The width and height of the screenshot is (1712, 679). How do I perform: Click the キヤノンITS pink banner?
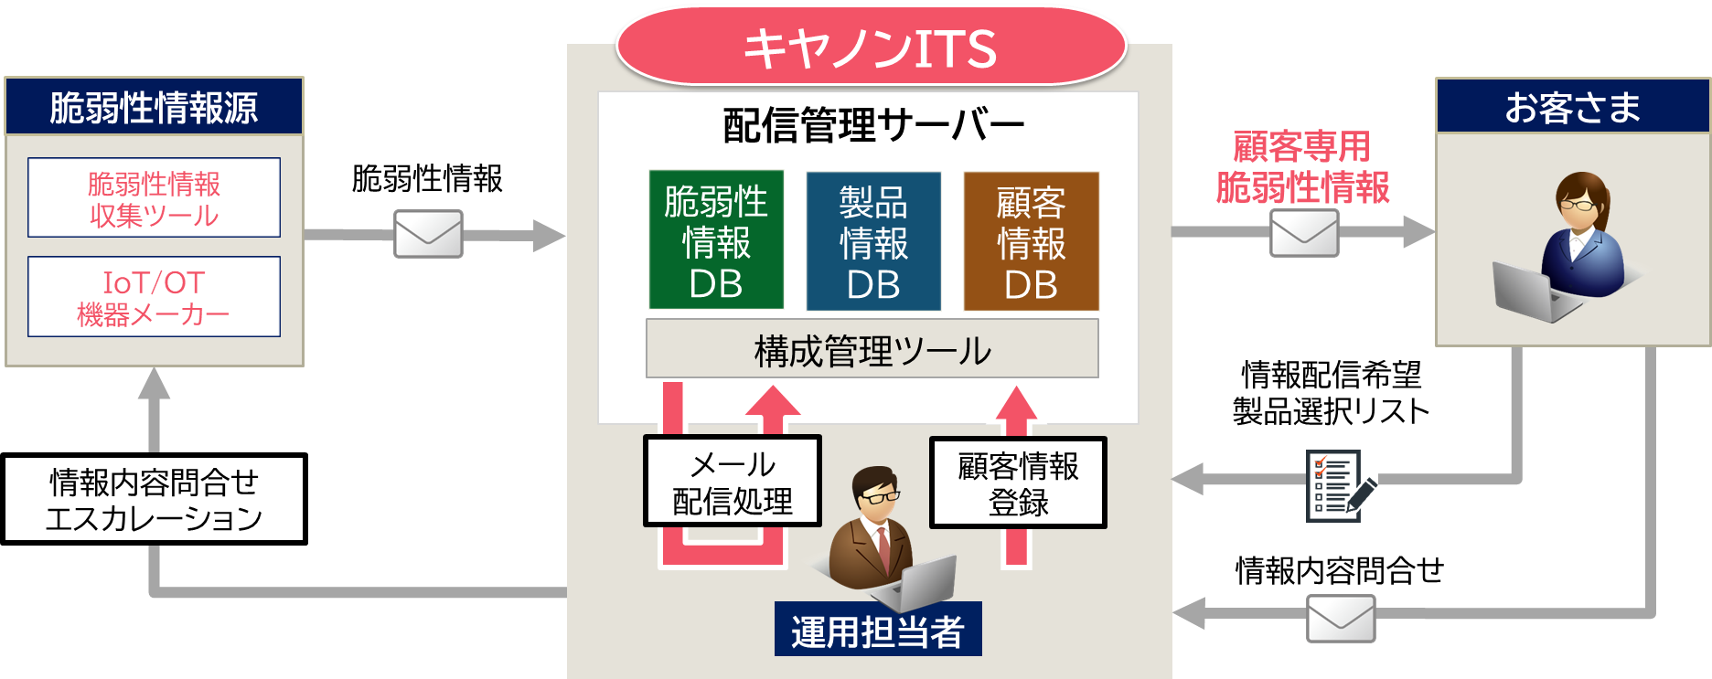871,48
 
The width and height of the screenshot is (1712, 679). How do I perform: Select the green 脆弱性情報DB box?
716,240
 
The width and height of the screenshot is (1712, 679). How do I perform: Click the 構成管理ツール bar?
872,349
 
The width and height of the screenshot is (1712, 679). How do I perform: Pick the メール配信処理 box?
733,482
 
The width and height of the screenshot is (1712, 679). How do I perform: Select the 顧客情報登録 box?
1018,483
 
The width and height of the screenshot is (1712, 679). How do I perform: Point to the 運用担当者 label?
878,631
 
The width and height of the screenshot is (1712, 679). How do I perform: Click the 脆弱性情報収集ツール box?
154,198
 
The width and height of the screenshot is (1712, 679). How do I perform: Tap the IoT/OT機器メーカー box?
154,297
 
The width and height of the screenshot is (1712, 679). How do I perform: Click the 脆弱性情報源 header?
154,107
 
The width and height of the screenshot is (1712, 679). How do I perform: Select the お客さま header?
1572,107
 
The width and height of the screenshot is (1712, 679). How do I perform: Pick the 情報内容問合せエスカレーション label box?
154,499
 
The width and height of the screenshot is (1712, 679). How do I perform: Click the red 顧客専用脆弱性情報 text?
1302,166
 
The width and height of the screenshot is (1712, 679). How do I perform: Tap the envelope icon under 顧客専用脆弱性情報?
1304,233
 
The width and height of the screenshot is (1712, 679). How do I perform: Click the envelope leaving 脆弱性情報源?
428,234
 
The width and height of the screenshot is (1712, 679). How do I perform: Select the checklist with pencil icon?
1341,485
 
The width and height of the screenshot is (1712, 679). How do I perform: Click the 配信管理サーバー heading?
873,125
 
